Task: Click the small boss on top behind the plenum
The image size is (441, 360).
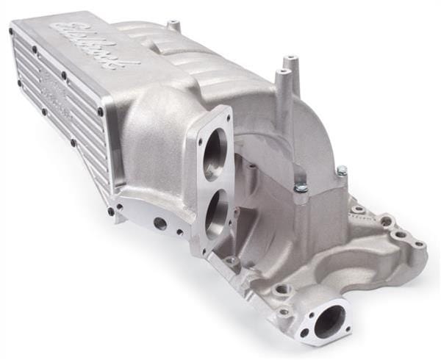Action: pyautogui.click(x=174, y=26)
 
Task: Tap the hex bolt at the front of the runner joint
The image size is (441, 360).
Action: pyautogui.click(x=301, y=190)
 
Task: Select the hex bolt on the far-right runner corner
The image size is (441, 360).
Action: pyautogui.click(x=342, y=172)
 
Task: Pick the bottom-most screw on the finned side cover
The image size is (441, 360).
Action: pyautogui.click(x=111, y=211)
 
